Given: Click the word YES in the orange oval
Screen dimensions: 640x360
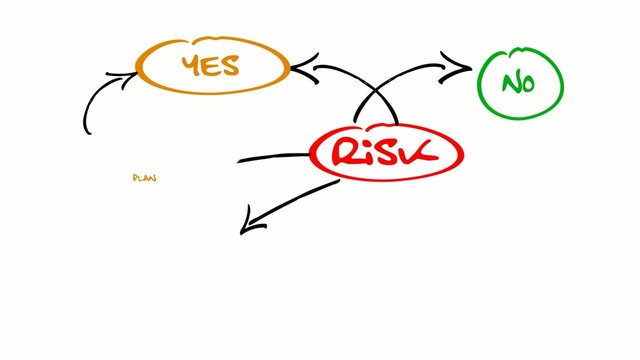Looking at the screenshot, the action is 210,66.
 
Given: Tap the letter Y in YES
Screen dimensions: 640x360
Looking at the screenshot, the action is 191,66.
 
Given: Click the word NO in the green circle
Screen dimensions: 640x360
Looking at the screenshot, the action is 519,84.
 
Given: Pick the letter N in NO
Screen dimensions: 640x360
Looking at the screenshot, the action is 510,84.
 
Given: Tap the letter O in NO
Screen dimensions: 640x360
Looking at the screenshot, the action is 528,85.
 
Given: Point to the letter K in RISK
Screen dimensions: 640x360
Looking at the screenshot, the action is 421,152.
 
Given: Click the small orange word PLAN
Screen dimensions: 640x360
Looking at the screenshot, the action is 144,178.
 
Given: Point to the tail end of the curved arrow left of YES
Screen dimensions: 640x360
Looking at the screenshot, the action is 86,130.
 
